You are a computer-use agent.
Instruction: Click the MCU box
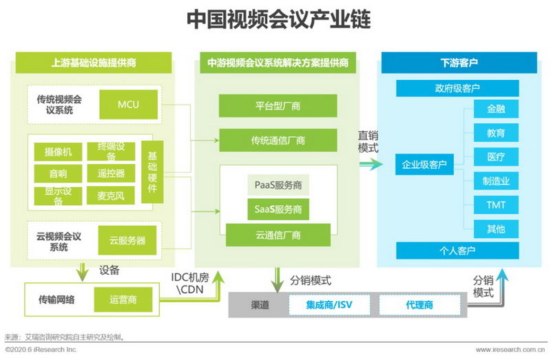click(x=128, y=104)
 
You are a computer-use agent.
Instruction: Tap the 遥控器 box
click(x=111, y=173)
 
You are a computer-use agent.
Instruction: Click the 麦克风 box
click(x=111, y=195)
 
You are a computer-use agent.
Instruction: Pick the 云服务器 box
click(x=127, y=240)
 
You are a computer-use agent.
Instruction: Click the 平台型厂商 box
click(x=278, y=106)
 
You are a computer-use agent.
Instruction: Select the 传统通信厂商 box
click(x=278, y=140)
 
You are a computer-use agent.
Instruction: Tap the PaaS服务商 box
click(x=278, y=185)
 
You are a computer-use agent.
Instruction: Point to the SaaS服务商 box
click(x=278, y=209)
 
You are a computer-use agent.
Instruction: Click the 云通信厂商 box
click(x=278, y=235)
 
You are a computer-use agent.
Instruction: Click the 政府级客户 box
click(x=457, y=89)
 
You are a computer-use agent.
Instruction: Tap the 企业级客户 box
click(x=425, y=165)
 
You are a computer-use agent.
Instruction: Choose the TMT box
click(x=496, y=204)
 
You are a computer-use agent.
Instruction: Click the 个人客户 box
click(x=457, y=249)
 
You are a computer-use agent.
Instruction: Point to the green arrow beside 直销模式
click(x=369, y=164)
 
